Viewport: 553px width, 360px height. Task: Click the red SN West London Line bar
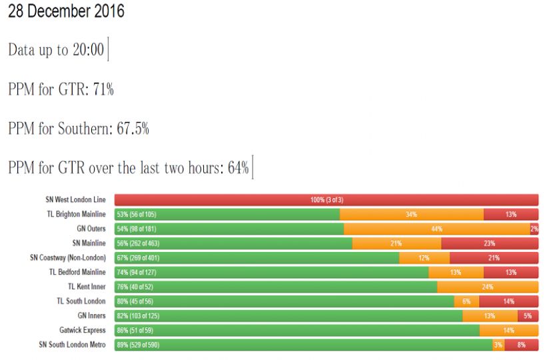(x=326, y=200)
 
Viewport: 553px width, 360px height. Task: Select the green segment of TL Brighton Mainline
(x=227, y=214)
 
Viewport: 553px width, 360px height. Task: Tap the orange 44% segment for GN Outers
(x=437, y=229)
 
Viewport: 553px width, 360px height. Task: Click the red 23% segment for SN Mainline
(x=490, y=243)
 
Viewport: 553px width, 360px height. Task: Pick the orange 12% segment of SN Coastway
(x=424, y=258)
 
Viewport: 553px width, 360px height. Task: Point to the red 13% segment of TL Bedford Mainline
(x=511, y=272)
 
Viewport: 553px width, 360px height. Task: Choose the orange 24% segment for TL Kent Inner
(x=488, y=287)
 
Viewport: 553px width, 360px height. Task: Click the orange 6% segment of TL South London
(x=466, y=301)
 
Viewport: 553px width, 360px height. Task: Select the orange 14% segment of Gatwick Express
(x=509, y=330)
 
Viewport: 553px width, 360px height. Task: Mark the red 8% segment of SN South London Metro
(x=522, y=345)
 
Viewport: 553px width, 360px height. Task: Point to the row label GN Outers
(x=91, y=229)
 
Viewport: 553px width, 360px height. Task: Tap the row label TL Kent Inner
(x=87, y=287)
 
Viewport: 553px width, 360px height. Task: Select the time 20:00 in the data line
(x=89, y=51)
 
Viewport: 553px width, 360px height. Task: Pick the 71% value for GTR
(x=103, y=89)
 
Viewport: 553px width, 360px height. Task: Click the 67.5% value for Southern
(x=133, y=129)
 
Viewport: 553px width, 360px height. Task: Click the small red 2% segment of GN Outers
(x=534, y=229)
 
